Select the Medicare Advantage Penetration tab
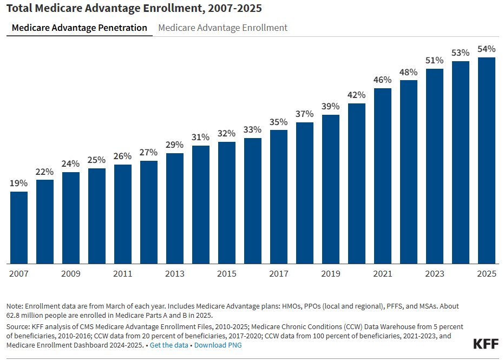tap(80, 28)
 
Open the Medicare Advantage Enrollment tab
tap(222, 28)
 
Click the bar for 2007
tap(19, 227)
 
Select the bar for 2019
tap(330, 189)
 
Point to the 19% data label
tap(19, 184)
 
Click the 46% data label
tap(382, 80)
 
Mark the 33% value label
tap(252, 130)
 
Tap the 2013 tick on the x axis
tap(174, 274)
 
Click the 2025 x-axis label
tap(486, 274)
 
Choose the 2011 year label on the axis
tap(122, 274)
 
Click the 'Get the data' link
tap(169, 345)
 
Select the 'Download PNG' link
tap(218, 345)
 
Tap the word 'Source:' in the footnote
tap(19, 327)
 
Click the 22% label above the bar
tap(45, 172)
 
